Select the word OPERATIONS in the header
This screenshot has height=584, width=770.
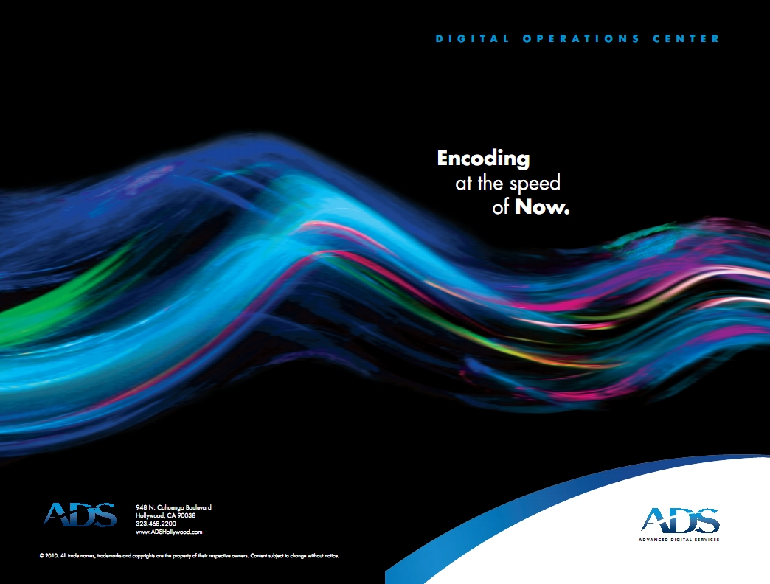[581, 39]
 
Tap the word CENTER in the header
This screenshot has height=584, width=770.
[686, 39]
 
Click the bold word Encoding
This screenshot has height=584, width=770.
[483, 159]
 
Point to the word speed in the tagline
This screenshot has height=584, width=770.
[535, 184]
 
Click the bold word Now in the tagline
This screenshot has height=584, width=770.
[540, 206]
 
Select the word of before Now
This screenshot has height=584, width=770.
[500, 207]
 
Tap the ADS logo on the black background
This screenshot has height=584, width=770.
[80, 515]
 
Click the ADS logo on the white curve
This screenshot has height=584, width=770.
[679, 520]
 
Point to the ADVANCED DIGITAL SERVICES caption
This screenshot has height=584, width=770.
[679, 540]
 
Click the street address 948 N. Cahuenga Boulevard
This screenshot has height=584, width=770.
[173, 507]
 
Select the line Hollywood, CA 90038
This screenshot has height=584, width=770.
[165, 515]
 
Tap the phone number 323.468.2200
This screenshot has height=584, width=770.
[156, 524]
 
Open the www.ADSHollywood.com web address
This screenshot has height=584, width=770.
[169, 532]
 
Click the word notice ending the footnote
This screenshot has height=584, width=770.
[331, 556]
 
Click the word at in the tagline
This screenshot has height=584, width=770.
[464, 184]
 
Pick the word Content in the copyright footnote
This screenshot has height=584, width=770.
[259, 556]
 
